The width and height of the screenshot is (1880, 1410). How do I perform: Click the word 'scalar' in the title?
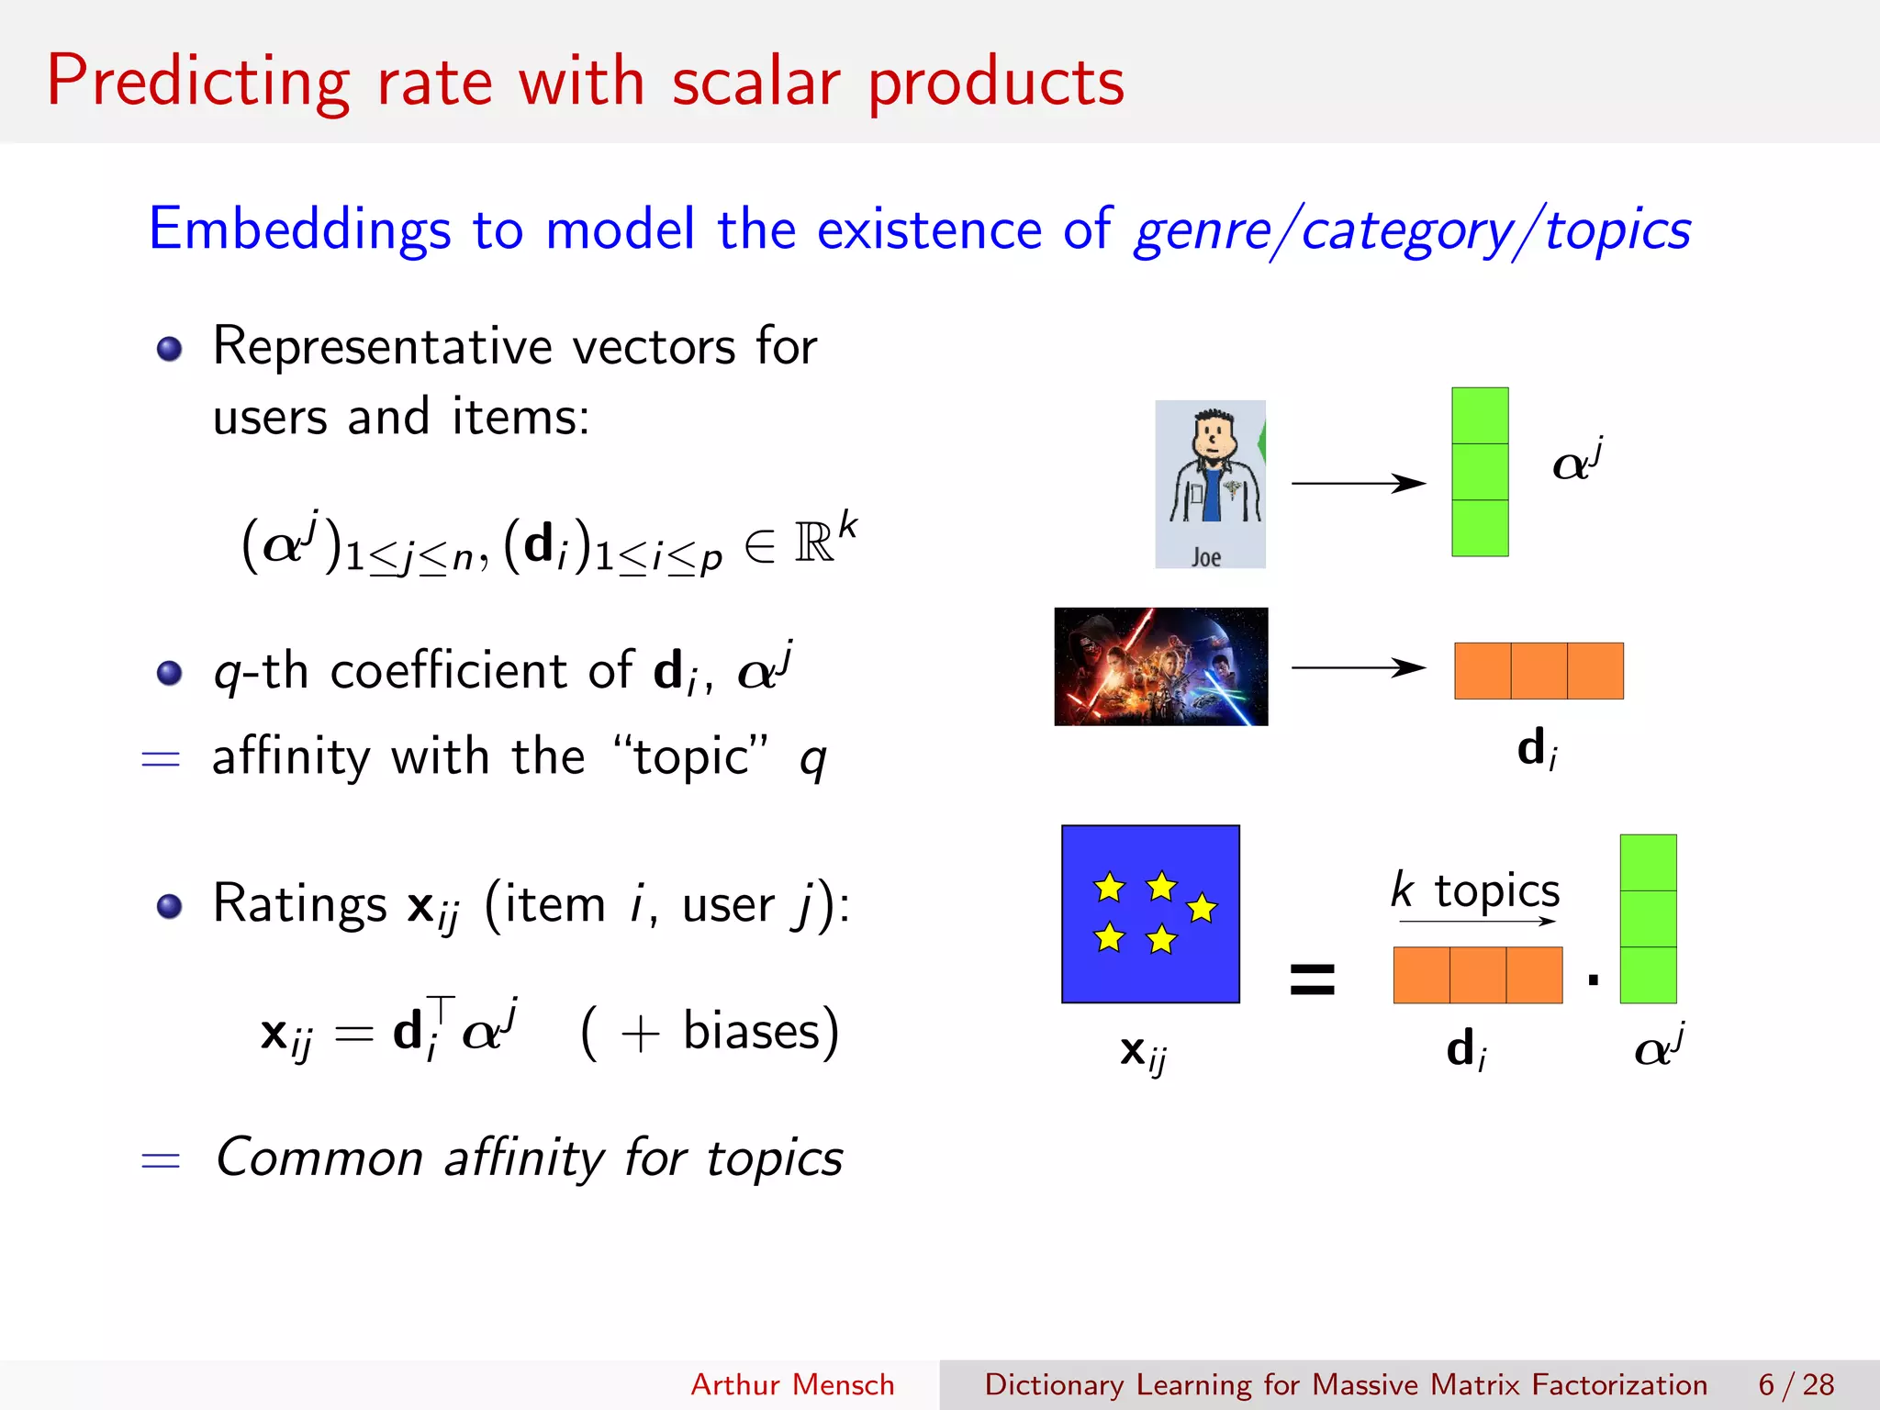755,83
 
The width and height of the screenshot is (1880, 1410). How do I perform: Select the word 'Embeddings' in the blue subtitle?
299,229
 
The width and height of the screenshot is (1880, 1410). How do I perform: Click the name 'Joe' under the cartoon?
1206,557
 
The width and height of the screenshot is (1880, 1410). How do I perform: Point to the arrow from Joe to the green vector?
1359,483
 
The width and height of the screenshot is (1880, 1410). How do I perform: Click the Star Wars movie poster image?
1161,666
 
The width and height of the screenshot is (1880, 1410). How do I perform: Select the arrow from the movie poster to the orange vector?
1359,667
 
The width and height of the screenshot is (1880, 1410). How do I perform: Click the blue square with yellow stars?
1150,914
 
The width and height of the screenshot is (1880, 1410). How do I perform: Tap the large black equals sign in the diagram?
1313,979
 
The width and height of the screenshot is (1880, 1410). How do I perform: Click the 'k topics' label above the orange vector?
1475,890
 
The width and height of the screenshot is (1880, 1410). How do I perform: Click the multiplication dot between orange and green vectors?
1593,979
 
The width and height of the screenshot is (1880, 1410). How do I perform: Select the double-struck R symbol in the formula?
814,543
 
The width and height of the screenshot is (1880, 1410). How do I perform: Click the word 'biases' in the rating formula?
751,1031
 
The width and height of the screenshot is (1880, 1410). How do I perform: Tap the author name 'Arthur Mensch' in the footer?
792,1384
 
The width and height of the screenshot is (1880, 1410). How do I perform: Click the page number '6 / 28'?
1796,1384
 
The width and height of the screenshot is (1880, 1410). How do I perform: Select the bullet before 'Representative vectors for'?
169,349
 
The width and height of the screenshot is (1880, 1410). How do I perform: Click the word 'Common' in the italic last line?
319,1158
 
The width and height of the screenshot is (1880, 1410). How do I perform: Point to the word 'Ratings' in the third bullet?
299,904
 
